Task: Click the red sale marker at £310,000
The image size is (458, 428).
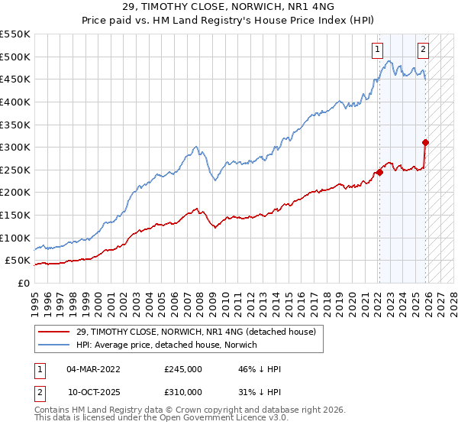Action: pos(425,142)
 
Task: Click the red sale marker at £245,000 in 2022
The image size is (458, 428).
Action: pos(379,172)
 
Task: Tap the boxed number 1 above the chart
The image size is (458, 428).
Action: pos(377,50)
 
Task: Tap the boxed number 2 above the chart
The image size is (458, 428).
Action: pos(423,50)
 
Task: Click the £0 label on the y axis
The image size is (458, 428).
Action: pos(23,283)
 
